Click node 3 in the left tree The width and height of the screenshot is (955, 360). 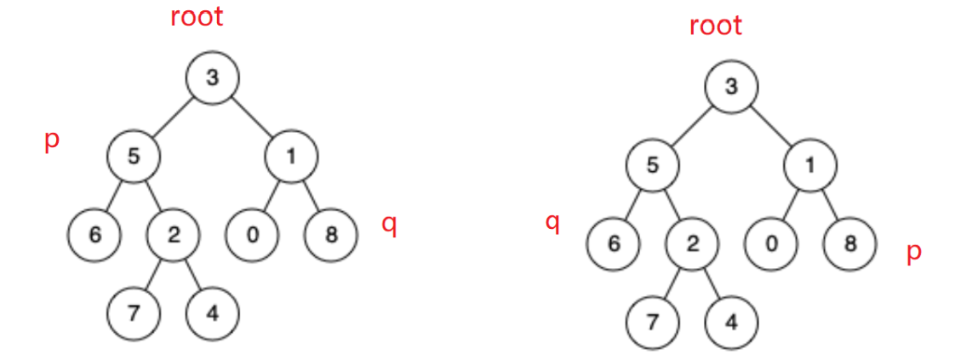(212, 78)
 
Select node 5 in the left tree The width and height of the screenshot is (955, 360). (134, 156)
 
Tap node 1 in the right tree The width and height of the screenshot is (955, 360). (809, 166)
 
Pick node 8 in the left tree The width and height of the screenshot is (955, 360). (330, 234)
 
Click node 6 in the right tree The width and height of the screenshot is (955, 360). (612, 243)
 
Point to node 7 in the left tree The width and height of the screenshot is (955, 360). (134, 313)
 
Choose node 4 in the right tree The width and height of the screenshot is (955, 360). (730, 323)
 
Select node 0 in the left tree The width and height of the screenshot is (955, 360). (252, 234)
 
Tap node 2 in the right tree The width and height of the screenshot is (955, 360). (691, 243)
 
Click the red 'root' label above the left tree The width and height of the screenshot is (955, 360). (197, 16)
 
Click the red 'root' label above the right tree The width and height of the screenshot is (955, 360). (715, 26)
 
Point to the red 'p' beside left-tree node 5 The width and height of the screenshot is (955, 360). (52, 141)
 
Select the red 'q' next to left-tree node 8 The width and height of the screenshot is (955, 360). (389, 227)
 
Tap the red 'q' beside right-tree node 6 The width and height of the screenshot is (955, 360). (552, 224)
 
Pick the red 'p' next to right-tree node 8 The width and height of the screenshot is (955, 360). (913, 254)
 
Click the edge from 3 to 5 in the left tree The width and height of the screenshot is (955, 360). (174, 117)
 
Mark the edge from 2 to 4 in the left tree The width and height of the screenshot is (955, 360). (192, 274)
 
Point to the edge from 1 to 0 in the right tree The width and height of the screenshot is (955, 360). (790, 205)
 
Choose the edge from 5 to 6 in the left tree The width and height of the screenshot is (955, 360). (115, 195)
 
